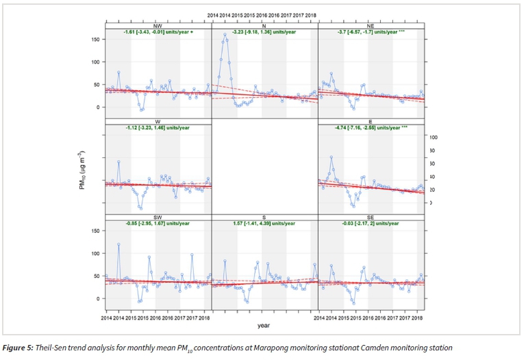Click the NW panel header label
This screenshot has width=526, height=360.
pyautogui.click(x=158, y=26)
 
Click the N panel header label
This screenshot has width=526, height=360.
pyautogui.click(x=265, y=26)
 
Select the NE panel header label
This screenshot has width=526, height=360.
pyautogui.click(x=371, y=26)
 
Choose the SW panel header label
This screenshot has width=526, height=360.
pyautogui.click(x=158, y=216)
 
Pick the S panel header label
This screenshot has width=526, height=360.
pyautogui.click(x=265, y=216)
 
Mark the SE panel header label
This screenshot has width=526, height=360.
pyautogui.click(x=371, y=216)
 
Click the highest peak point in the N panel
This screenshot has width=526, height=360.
pyautogui.click(x=225, y=34)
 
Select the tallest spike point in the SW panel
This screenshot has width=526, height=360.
pyautogui.click(x=118, y=244)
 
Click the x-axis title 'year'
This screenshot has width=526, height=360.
pyautogui.click(x=264, y=325)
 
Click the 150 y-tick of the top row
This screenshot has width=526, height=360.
pyautogui.click(x=95, y=39)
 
